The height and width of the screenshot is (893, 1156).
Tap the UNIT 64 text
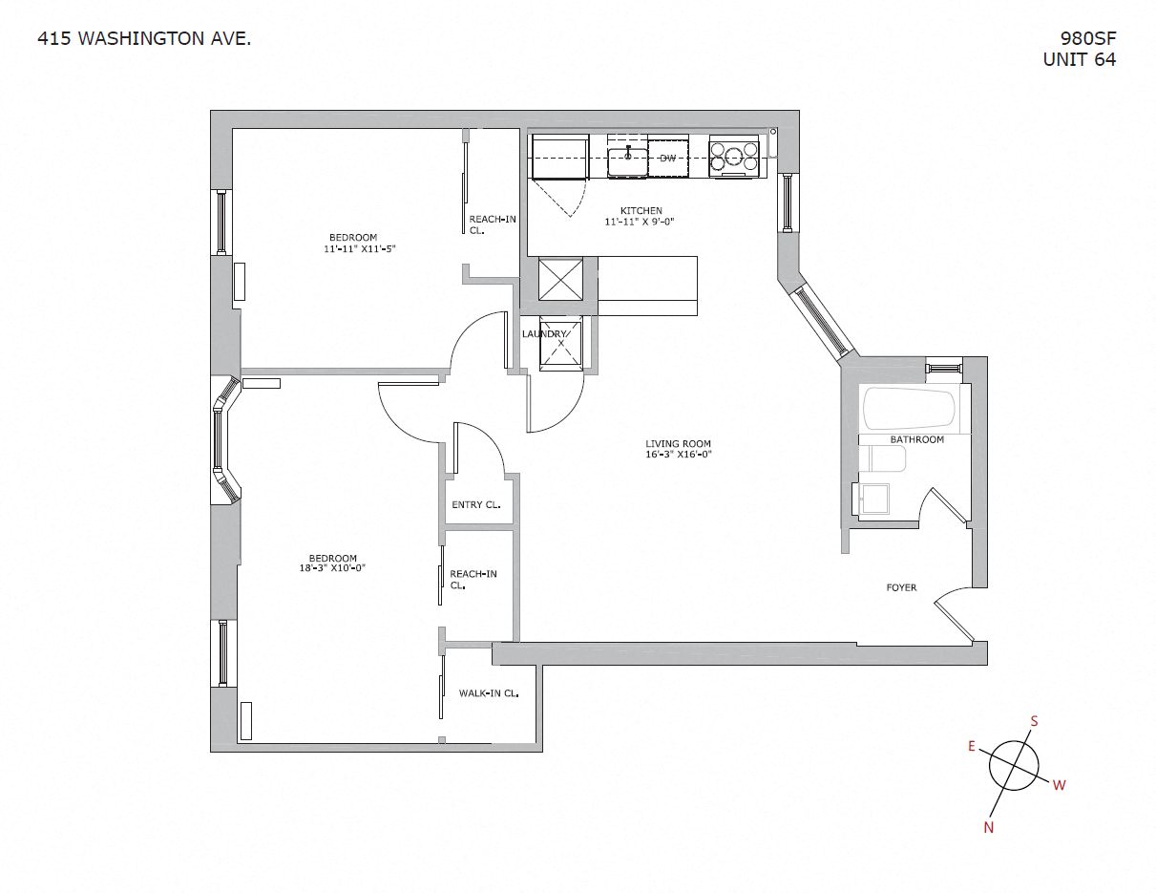[x=1080, y=59]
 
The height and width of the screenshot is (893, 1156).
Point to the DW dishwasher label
[x=667, y=158]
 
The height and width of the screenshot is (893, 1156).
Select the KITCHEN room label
[x=641, y=211]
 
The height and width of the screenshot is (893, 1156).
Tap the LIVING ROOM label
[x=678, y=443]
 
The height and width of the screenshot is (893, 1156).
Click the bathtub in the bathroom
[x=908, y=408]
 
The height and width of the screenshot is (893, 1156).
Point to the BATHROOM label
[x=916, y=439]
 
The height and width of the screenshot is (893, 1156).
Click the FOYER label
[x=901, y=587]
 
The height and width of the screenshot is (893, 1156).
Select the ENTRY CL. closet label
[x=475, y=505]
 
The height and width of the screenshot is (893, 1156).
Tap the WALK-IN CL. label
[x=488, y=693]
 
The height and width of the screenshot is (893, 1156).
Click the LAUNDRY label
[x=544, y=333]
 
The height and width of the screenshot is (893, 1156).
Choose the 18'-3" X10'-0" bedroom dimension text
[x=332, y=568]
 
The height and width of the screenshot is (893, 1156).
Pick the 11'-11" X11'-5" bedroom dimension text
[x=359, y=248]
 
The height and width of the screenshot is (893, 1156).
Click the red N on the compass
[x=989, y=827]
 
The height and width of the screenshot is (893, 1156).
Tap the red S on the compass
[x=1033, y=721]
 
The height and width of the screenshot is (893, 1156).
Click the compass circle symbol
[x=1013, y=766]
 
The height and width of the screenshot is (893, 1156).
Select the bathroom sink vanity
[x=873, y=500]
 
